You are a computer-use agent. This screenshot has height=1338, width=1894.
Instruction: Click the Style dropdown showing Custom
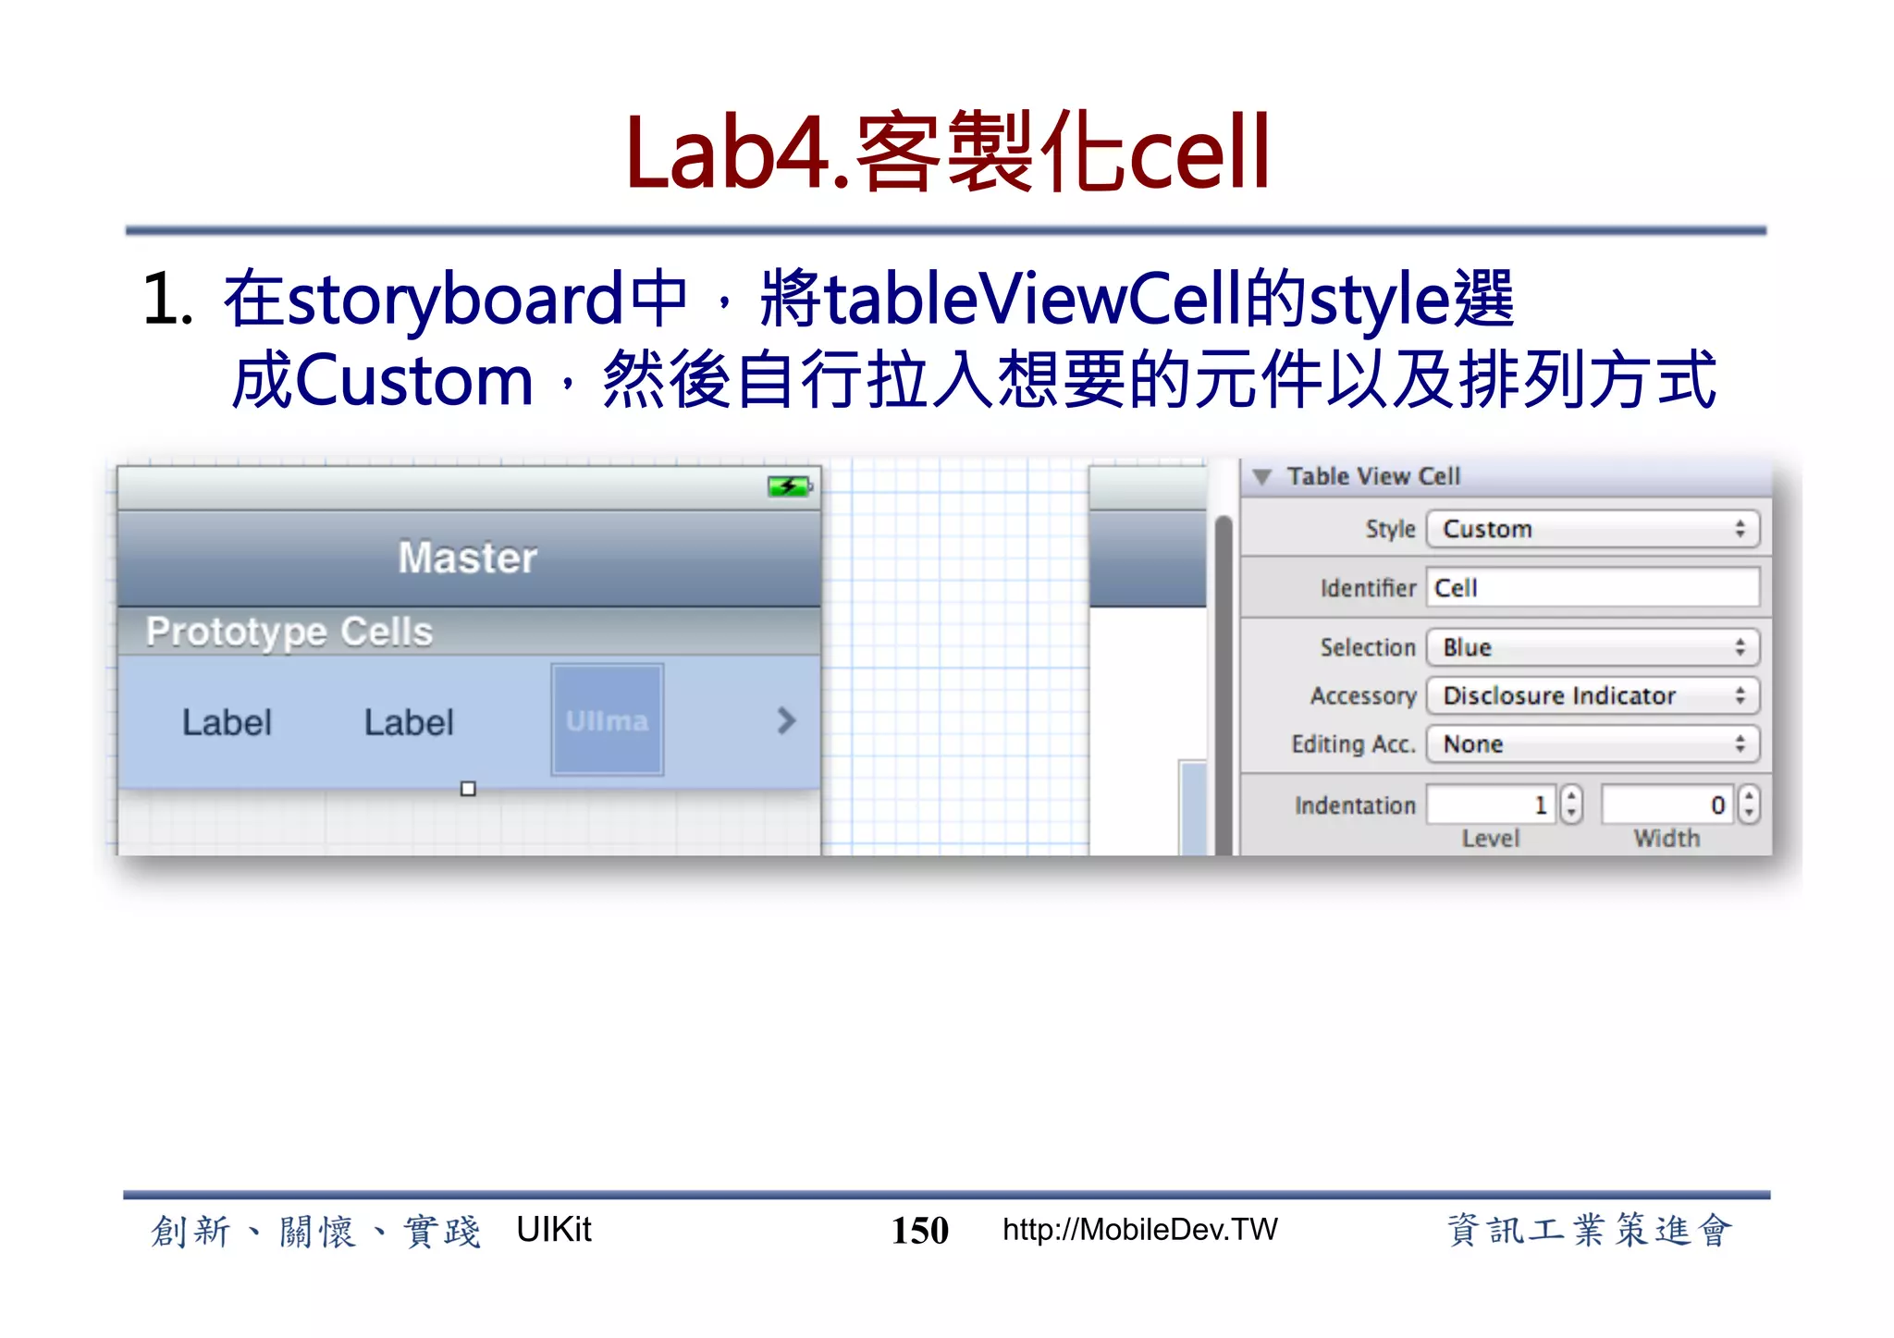pos(1591,529)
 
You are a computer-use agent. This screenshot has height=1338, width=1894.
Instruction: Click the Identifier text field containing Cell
pos(1591,588)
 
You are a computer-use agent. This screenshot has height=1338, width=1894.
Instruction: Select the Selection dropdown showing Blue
pos(1591,647)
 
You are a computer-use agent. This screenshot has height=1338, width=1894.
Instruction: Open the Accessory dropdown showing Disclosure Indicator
pos(1591,695)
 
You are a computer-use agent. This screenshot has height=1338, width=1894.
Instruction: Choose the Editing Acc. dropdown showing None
pos(1591,743)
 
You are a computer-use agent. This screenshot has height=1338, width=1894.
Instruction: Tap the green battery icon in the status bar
pos(789,486)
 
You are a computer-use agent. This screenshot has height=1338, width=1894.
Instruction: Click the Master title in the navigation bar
pos(468,558)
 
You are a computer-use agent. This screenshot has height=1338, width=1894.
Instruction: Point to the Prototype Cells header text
pos(289,632)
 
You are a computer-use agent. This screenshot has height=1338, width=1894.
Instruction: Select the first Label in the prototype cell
pos(227,722)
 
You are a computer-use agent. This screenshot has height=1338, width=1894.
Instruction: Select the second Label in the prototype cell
pos(409,722)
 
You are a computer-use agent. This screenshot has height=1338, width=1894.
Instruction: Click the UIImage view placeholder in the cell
pos(607,719)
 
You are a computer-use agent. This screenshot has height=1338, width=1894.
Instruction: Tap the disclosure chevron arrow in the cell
pos(786,720)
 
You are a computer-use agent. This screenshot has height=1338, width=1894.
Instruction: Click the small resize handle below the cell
pos(468,789)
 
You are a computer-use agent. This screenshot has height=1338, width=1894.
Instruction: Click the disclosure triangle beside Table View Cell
pos(1261,477)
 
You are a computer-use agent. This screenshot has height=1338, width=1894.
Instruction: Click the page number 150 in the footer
pos(919,1231)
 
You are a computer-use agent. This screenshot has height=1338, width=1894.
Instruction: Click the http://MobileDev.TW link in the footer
pos(1139,1230)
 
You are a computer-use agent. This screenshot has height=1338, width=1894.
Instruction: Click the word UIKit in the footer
pos(553,1230)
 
